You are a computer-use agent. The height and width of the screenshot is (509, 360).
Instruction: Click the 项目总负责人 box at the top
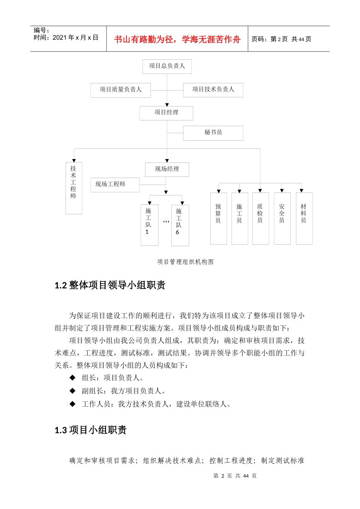click(x=167, y=66)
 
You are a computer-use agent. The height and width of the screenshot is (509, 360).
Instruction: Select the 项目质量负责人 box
click(x=121, y=90)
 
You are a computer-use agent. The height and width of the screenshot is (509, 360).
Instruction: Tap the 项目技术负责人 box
click(x=213, y=90)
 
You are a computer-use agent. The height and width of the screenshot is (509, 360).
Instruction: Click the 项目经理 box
click(x=166, y=113)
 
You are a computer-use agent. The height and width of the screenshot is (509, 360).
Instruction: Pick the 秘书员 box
click(x=213, y=133)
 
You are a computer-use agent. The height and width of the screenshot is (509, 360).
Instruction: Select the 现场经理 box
click(x=167, y=169)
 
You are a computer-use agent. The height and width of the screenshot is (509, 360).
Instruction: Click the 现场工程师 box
click(x=115, y=184)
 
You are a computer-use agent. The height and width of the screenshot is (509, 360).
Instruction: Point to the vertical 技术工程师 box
click(x=74, y=188)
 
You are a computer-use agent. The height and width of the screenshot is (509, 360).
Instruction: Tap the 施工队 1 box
click(x=149, y=225)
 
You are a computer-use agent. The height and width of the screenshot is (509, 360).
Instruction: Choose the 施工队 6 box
click(x=180, y=225)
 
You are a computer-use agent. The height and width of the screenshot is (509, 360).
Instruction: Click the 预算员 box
click(x=218, y=218)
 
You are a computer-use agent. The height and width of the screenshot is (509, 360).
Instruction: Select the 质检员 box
click(x=260, y=218)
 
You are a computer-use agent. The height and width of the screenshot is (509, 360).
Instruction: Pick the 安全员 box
click(x=282, y=218)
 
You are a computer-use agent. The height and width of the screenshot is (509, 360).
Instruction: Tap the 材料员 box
click(x=304, y=218)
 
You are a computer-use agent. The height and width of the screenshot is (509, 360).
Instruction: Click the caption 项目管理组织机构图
click(x=185, y=262)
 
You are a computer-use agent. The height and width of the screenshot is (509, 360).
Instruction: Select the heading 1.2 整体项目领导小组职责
click(x=110, y=285)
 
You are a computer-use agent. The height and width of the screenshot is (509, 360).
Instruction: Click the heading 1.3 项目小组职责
click(x=91, y=430)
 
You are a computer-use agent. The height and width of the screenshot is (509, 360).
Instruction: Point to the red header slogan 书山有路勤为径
click(x=177, y=39)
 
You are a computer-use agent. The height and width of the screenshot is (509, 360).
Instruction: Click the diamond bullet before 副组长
click(x=72, y=391)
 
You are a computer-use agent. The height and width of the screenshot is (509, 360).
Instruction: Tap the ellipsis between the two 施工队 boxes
click(x=166, y=222)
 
